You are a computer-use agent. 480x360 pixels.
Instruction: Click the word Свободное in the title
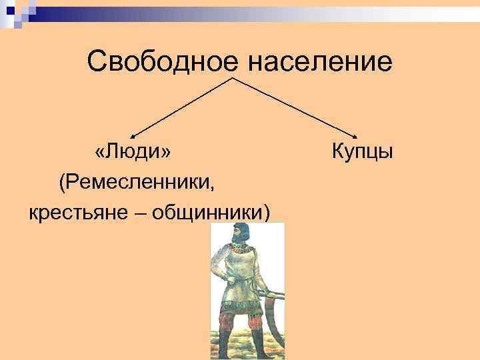(162, 62)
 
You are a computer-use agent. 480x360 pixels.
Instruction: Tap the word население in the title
(320, 62)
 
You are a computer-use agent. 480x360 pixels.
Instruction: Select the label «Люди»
(133, 151)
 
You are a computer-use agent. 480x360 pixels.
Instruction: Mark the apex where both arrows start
(232, 78)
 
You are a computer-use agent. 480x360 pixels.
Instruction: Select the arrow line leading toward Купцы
(297, 107)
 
